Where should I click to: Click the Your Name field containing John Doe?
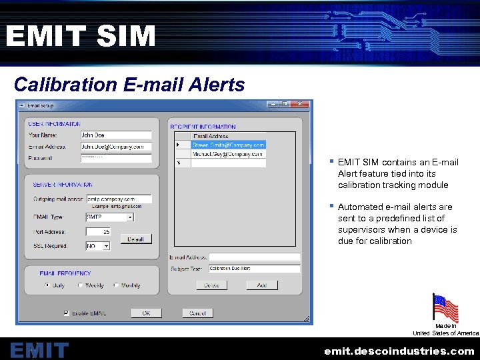115,135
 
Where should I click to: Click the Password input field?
115,158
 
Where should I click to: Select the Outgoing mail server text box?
119,199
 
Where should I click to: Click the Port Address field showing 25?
99,232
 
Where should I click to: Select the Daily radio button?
47,285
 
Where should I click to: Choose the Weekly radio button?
81,285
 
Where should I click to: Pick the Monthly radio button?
117,285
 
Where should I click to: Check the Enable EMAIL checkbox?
66,313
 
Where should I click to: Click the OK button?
146,313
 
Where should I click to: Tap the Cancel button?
197,313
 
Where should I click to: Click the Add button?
262,285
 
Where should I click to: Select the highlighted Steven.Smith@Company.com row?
228,144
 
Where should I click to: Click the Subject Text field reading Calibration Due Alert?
254,269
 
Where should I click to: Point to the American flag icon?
445,309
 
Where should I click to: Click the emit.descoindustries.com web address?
399,351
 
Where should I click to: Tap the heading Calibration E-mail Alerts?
129,85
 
